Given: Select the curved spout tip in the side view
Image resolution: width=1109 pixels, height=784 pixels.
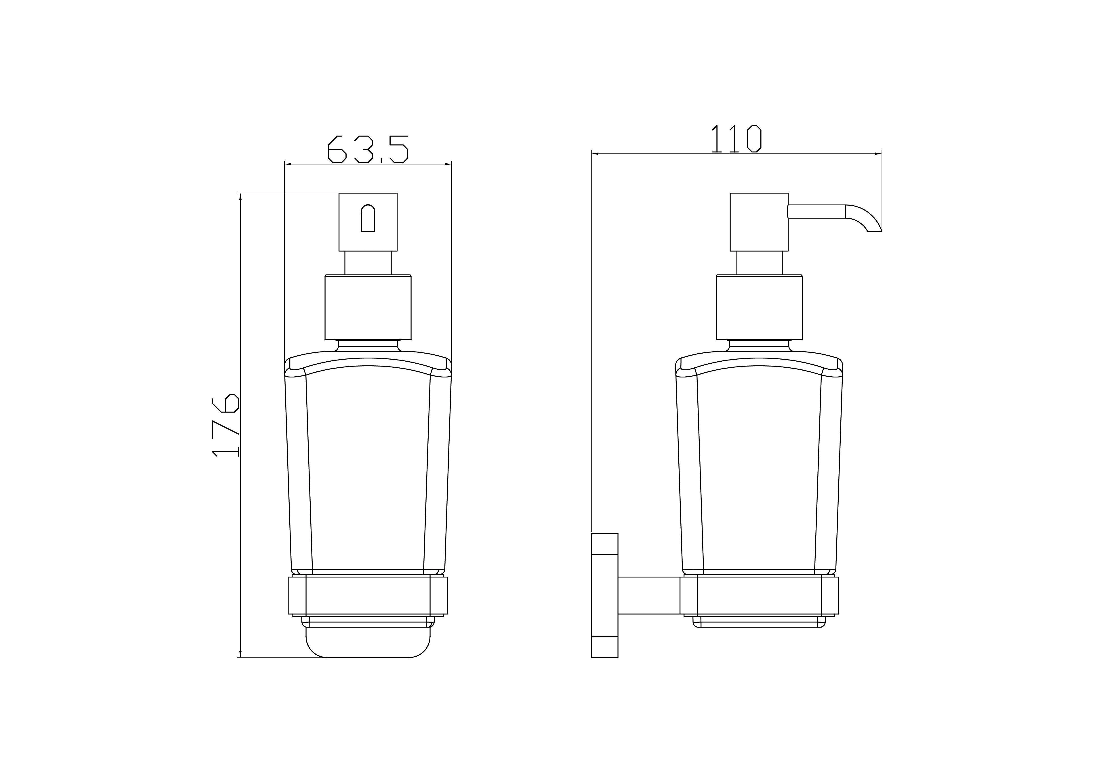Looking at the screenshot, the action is [x=865, y=218].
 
